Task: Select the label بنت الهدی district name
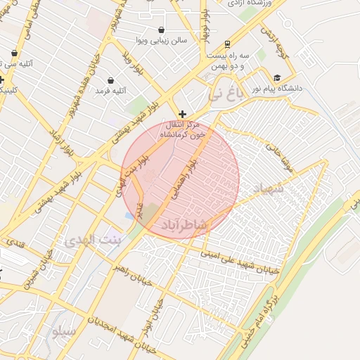coord(94,240)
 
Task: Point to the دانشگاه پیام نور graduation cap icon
coord(277,78)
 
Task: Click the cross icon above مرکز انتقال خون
coord(182,114)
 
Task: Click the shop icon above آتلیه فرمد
coord(111,79)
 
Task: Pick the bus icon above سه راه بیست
coord(226,44)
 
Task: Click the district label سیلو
coord(62,330)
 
